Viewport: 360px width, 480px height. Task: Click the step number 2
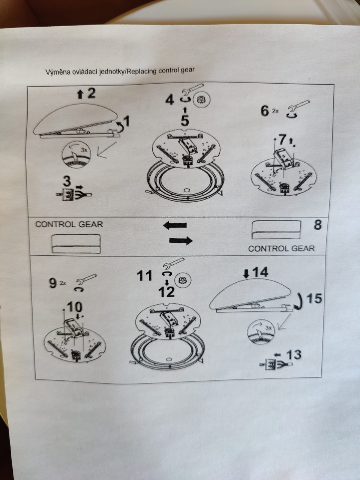tap(91, 94)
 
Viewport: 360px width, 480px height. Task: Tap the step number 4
tap(169, 100)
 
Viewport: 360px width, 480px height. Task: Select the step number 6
tap(265, 111)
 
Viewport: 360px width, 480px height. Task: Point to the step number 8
tap(317, 225)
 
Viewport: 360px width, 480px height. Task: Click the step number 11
tap(144, 276)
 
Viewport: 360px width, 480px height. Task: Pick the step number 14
tap(260, 272)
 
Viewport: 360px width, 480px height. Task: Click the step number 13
tap(294, 354)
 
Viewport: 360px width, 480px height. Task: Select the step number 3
tap(67, 181)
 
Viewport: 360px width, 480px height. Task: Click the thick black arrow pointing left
tap(175, 225)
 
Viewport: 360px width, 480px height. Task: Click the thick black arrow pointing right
tap(181, 241)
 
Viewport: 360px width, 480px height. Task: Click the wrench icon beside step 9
tap(86, 279)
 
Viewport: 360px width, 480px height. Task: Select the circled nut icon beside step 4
tap(202, 100)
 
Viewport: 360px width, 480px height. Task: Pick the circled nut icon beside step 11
tap(183, 280)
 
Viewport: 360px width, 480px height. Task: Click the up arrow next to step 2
tap(80, 95)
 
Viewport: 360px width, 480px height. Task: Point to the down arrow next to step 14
tap(246, 274)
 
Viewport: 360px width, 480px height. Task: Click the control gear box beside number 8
tap(276, 230)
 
